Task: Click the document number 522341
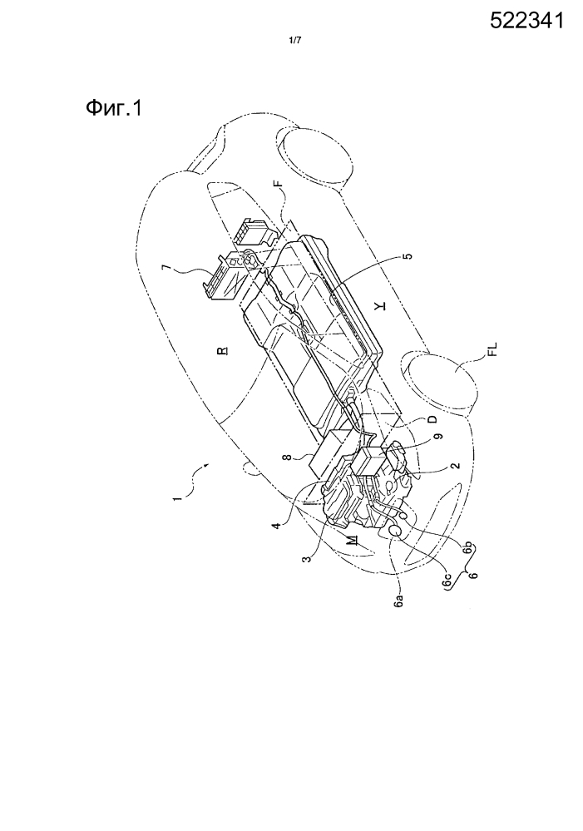tap(526, 21)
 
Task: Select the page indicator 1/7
tap(294, 40)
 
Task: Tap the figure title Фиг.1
tap(113, 109)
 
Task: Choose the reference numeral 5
tap(407, 256)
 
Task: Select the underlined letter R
tap(225, 350)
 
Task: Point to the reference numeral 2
tap(455, 467)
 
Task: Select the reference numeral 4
tap(276, 527)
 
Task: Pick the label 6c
tap(448, 581)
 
